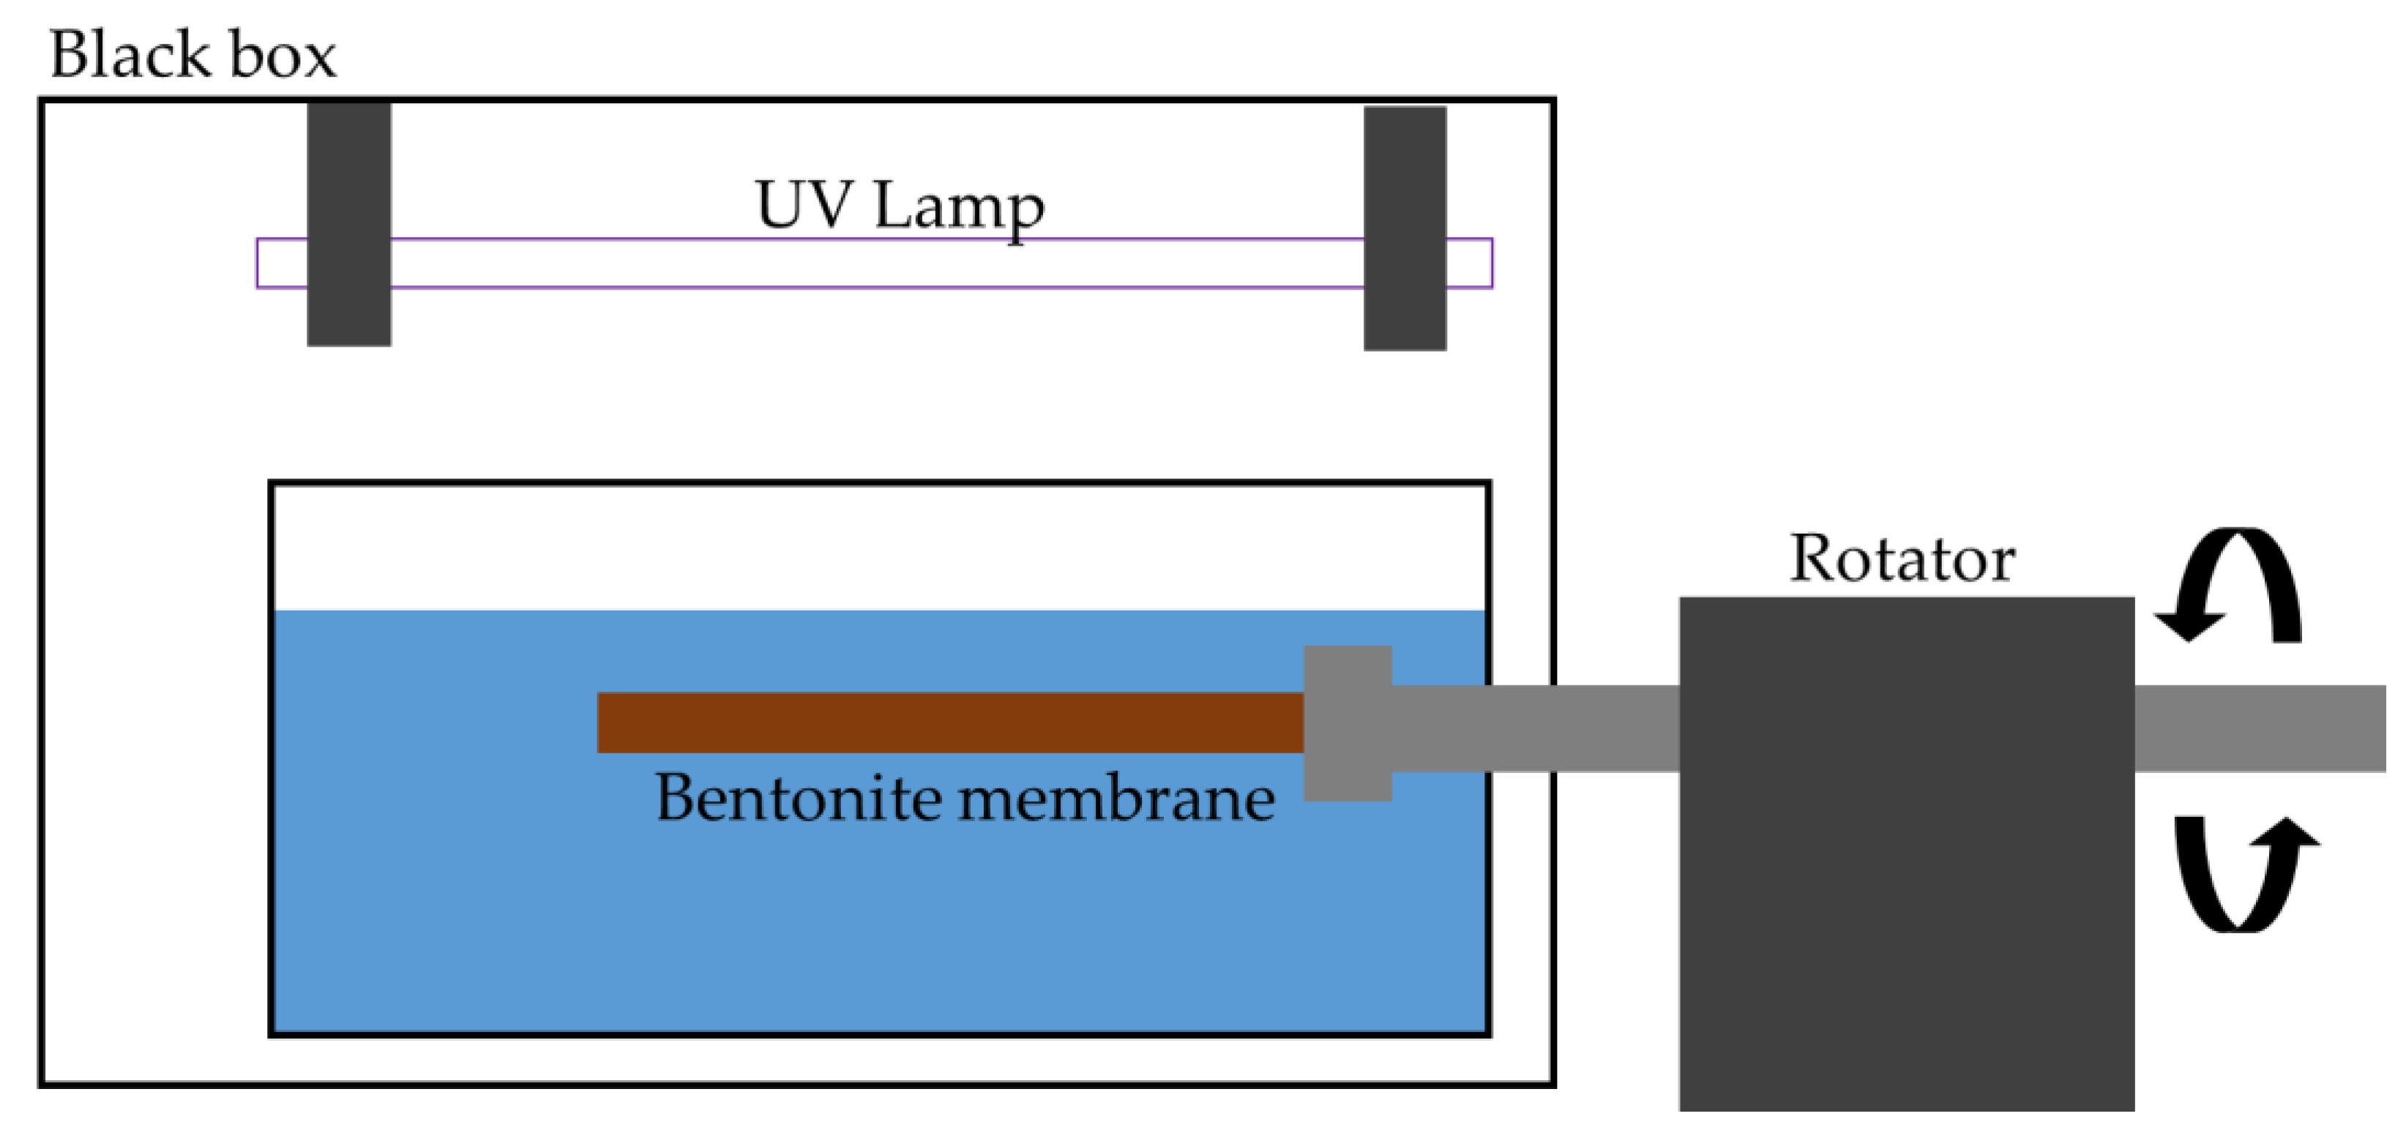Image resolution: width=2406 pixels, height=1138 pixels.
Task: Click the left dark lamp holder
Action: [x=348, y=224]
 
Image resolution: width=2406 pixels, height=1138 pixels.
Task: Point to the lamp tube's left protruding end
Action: [x=281, y=263]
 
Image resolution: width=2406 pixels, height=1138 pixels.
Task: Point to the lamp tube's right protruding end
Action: [x=1469, y=263]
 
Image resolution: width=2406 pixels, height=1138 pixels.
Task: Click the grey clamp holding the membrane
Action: [x=1347, y=723]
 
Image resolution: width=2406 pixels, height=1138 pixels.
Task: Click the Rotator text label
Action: [x=1902, y=559]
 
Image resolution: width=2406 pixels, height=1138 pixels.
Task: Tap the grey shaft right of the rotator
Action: [x=2260, y=728]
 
